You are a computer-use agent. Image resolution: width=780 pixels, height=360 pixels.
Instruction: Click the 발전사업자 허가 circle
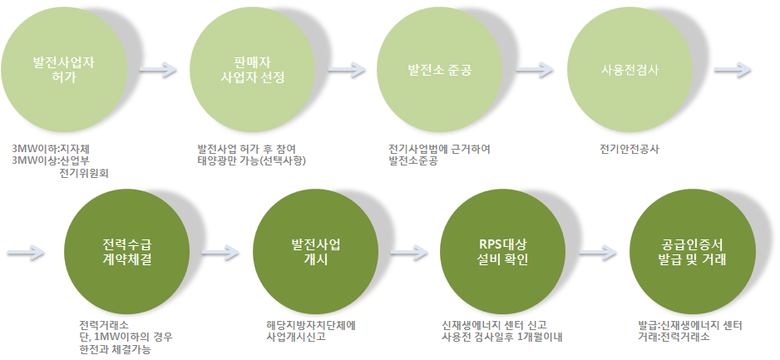pos(64,69)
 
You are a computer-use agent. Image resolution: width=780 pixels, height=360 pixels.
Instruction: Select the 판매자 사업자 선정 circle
pos(252,69)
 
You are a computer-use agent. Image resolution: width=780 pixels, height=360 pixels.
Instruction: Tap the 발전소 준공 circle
pos(439,69)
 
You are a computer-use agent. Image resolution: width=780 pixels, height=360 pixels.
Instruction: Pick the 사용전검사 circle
pos(629,69)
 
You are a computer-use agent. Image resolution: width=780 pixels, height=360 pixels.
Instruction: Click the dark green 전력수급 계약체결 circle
pos(127,252)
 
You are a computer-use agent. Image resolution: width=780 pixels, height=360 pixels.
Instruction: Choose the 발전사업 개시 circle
pos(315,252)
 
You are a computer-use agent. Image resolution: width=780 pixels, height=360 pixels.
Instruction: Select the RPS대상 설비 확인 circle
pos(503,252)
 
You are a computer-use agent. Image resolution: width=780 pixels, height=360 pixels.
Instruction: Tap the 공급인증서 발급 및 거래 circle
pos(692,252)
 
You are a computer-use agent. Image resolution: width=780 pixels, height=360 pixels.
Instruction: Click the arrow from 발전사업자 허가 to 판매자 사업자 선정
pos(158,70)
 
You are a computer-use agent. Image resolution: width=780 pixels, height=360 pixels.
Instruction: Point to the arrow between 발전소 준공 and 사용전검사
pos(535,70)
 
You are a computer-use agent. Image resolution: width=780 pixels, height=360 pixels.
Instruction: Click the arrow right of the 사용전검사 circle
pos(733,70)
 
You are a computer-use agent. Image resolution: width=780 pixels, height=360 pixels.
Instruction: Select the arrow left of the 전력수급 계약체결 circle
pos(26,253)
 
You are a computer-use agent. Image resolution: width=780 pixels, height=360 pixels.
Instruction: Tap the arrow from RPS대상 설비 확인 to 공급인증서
pos(598,253)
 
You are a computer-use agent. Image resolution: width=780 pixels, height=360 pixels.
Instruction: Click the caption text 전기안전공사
pos(629,149)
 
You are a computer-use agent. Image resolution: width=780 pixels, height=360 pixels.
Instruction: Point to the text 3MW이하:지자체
pos(51,149)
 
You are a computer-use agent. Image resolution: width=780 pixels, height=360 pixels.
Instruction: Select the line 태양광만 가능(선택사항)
pos(252,160)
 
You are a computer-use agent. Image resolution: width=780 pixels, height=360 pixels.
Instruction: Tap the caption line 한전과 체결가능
pos(115,349)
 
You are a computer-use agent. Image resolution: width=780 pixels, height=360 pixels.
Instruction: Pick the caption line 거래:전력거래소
pos(674,337)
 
